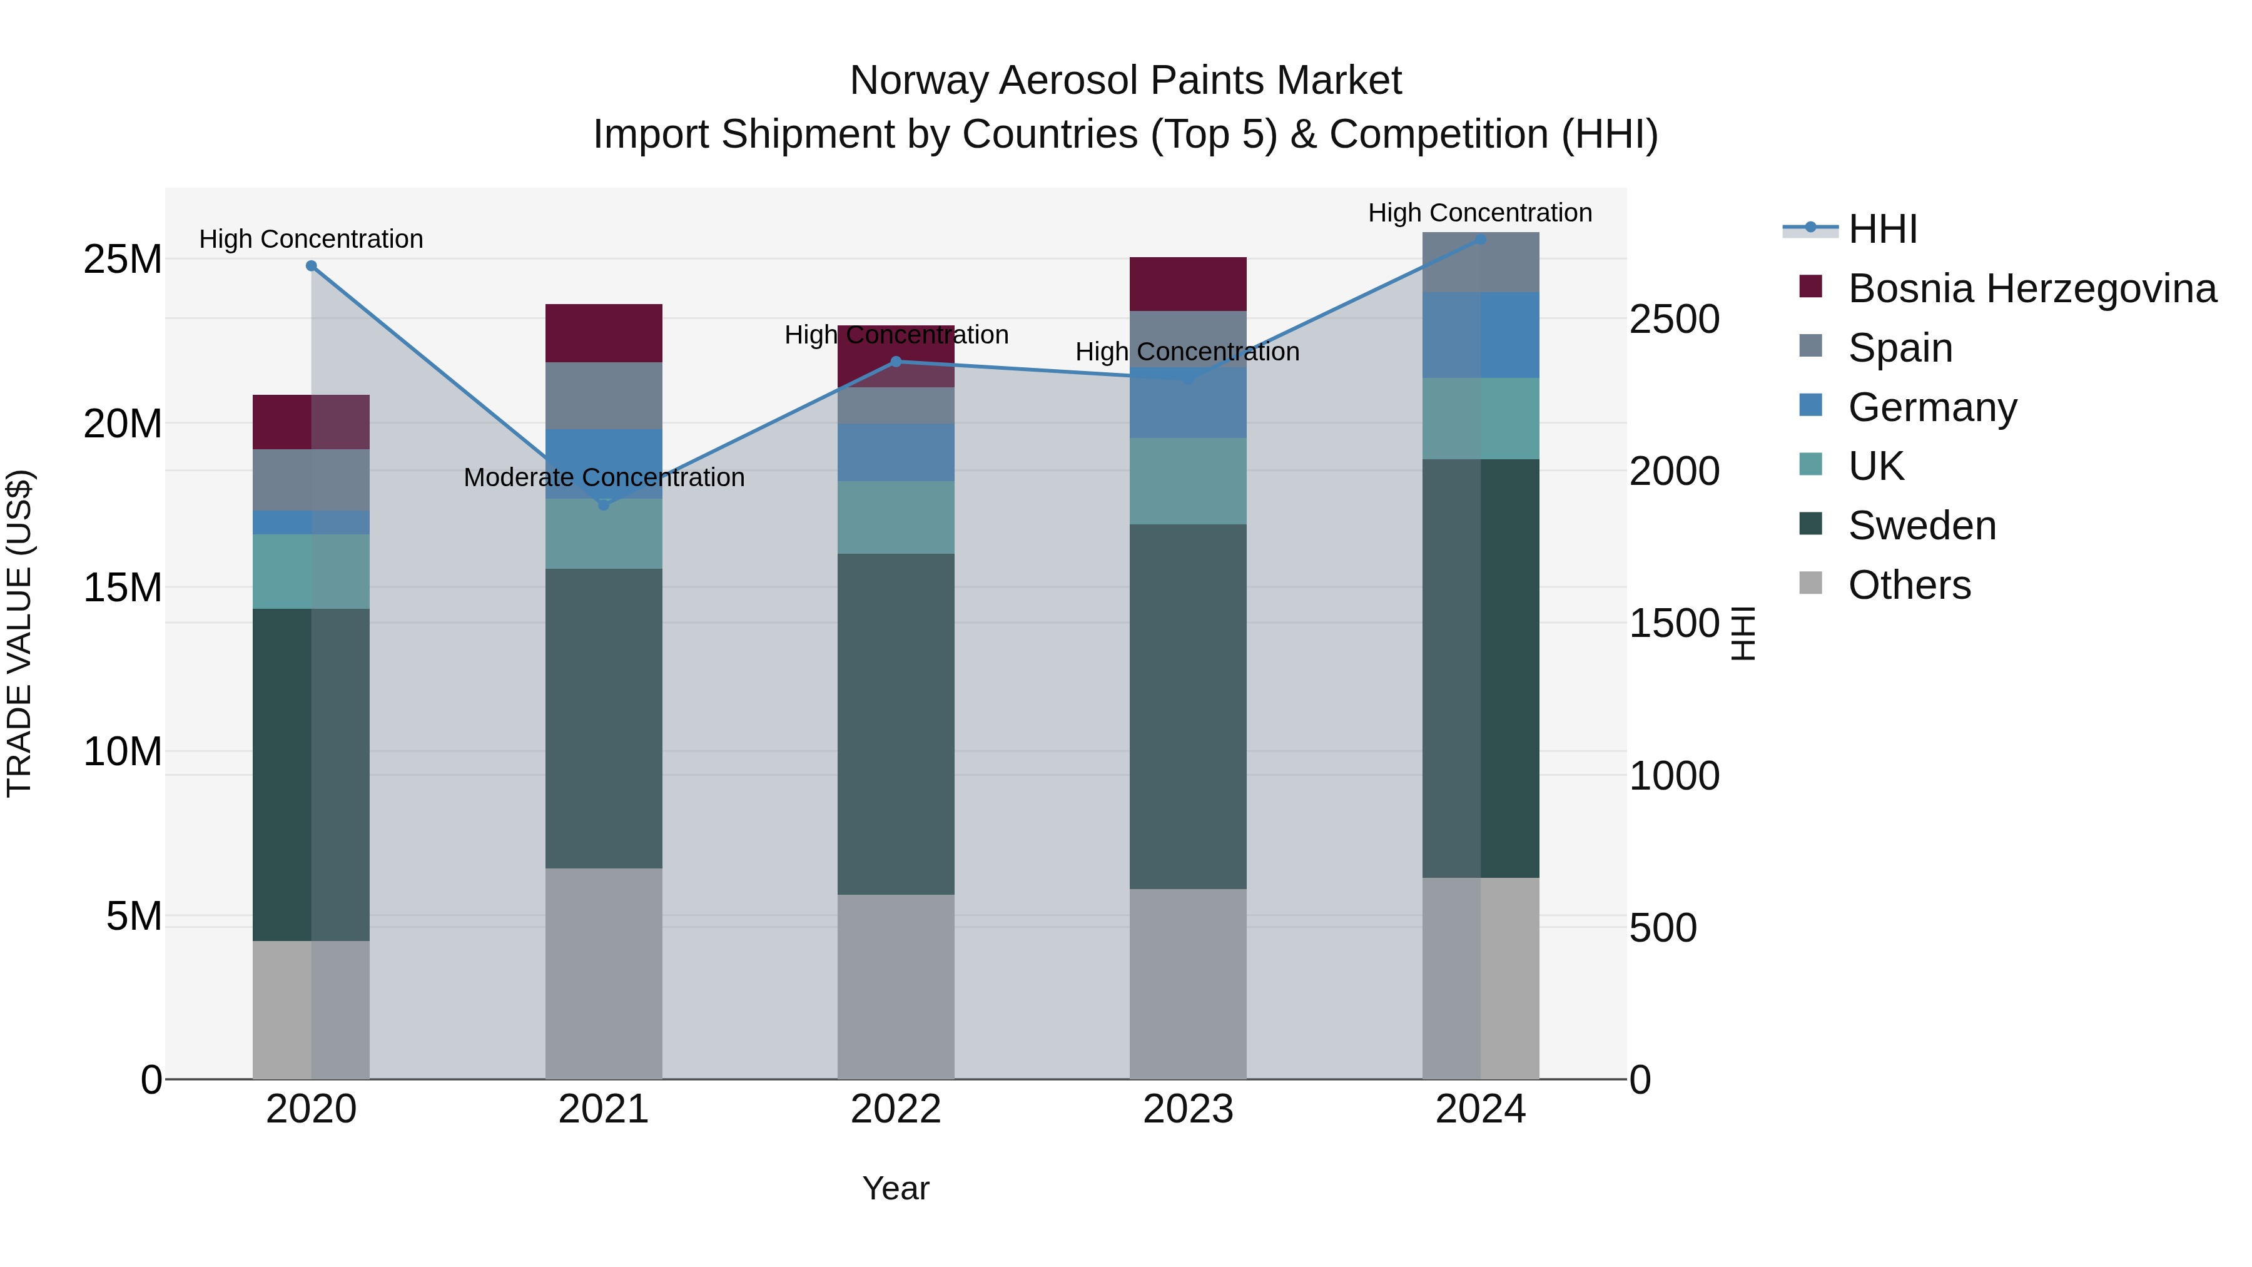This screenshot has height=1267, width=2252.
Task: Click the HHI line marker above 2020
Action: (312, 266)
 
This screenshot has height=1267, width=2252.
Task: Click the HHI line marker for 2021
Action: (603, 504)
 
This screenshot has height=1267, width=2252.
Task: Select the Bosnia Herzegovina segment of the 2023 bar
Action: (1187, 283)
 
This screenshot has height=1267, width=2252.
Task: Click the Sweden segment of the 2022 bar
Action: (895, 723)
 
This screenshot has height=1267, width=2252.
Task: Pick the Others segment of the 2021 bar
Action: (603, 972)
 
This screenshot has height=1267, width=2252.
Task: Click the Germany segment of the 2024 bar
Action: (1480, 335)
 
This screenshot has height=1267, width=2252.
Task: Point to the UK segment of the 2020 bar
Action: (312, 571)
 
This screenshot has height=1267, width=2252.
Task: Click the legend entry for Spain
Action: (1900, 348)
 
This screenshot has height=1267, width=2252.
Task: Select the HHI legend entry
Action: (1882, 229)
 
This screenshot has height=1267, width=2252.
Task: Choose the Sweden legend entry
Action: (1922, 526)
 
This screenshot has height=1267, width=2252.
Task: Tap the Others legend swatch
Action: (1810, 583)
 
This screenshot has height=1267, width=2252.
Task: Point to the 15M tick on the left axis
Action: (123, 588)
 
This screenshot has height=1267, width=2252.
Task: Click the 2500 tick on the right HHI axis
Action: (1674, 319)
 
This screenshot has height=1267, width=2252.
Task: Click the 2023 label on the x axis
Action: (1187, 1109)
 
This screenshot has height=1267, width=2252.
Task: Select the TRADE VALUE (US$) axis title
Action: (19, 633)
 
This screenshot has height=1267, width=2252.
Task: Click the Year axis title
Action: (895, 1188)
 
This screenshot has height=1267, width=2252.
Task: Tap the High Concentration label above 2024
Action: (1479, 213)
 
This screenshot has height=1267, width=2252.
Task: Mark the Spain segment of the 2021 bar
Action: (603, 395)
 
